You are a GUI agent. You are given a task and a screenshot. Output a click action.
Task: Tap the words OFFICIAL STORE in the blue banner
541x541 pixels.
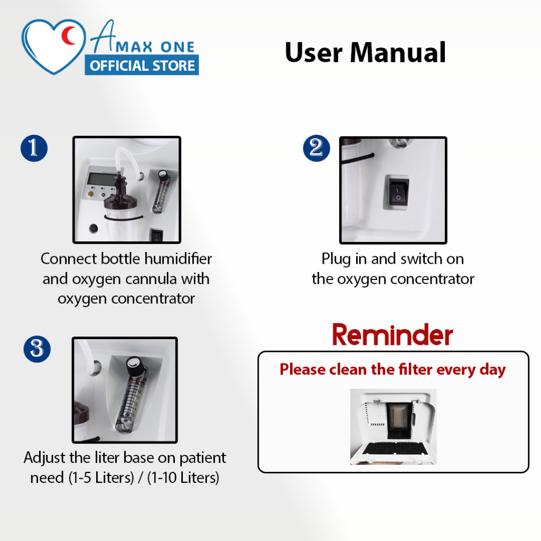[x=142, y=66]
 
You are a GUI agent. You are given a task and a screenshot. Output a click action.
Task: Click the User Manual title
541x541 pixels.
[x=365, y=52]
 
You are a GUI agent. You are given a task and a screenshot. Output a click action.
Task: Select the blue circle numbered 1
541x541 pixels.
[x=34, y=148]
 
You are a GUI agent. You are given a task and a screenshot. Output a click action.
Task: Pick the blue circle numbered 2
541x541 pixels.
[x=316, y=148]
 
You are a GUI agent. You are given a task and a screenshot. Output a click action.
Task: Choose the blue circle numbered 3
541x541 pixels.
[x=37, y=349]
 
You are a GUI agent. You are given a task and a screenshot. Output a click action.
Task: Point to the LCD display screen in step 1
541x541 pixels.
[x=101, y=179]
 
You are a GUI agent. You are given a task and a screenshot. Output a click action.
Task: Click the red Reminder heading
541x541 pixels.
[x=393, y=334]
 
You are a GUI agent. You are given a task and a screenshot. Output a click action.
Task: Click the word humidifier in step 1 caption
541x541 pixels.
[x=178, y=259]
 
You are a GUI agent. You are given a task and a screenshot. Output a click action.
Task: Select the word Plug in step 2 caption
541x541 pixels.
[x=335, y=259]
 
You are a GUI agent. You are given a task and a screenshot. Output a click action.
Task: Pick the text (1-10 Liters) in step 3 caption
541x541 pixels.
[x=183, y=478]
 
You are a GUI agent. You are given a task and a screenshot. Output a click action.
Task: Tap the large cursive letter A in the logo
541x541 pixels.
[x=103, y=36]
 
